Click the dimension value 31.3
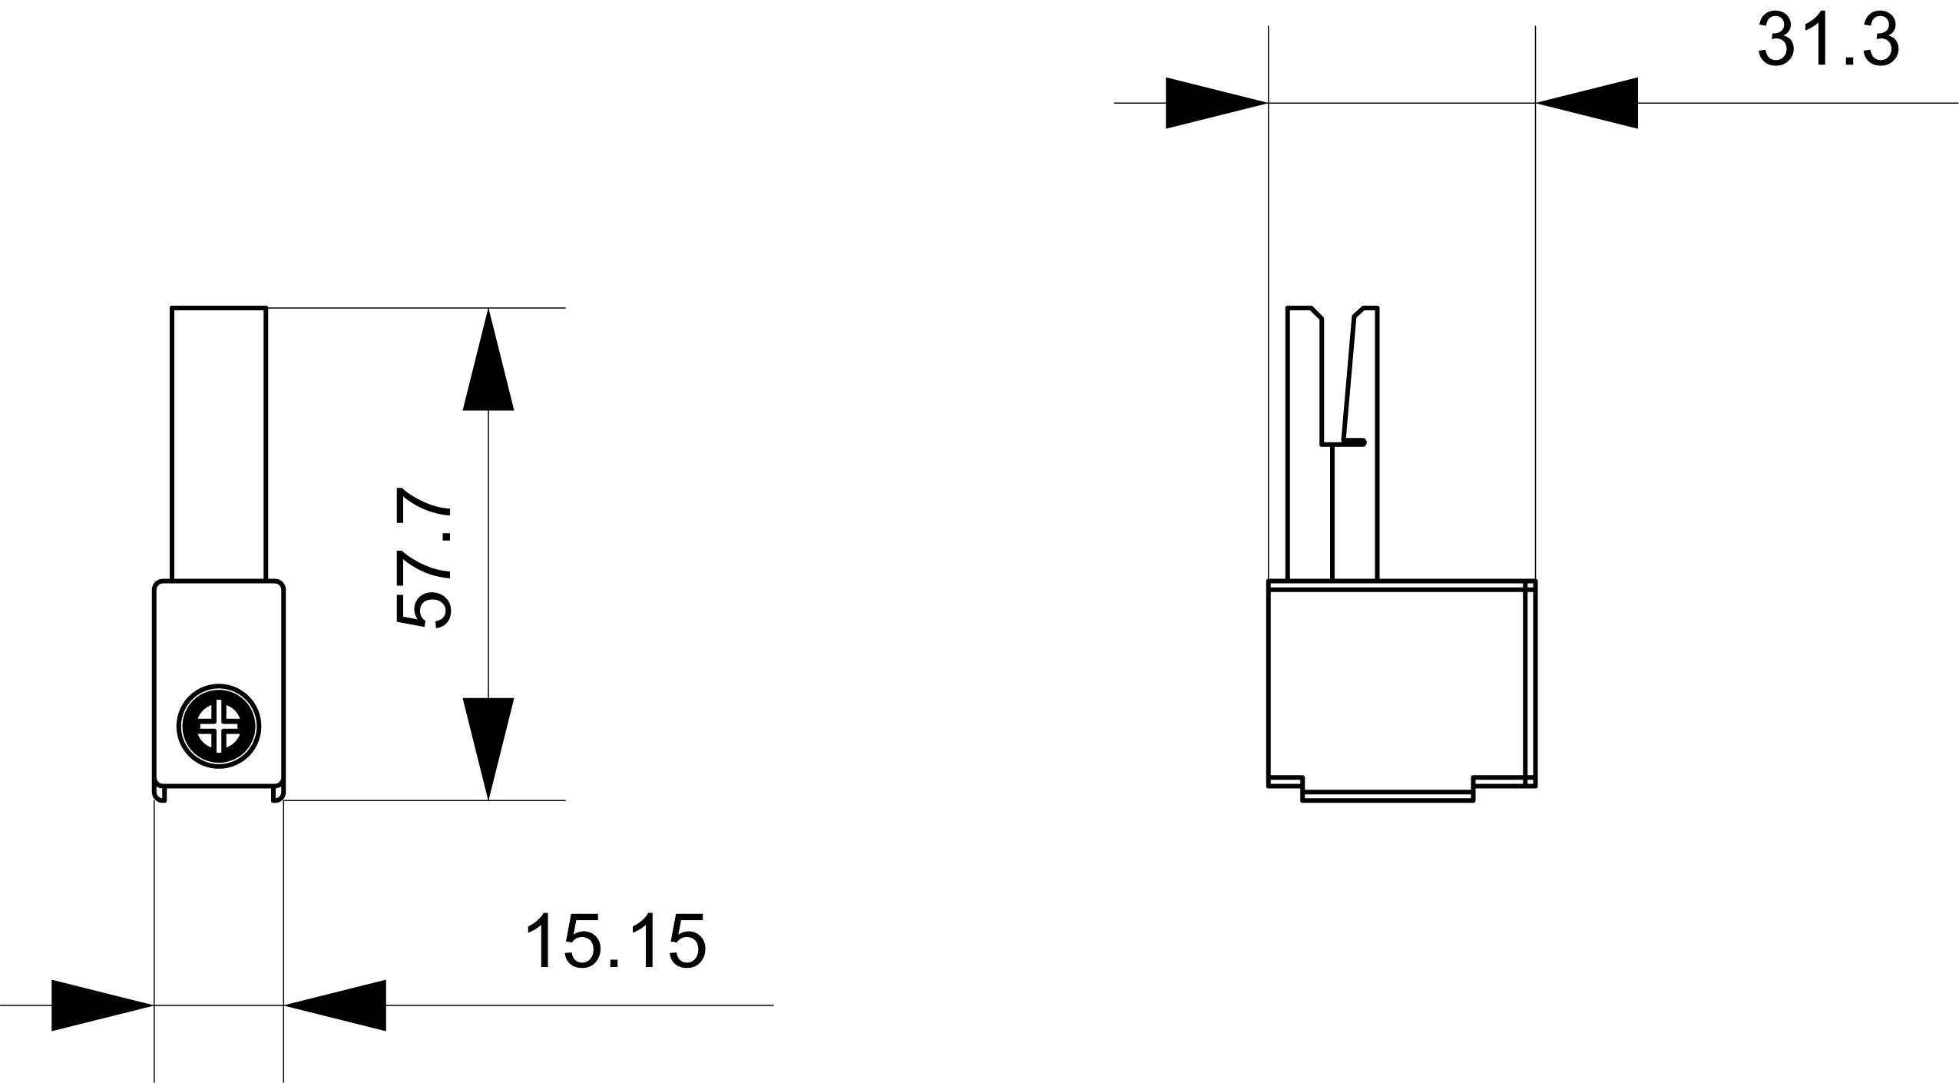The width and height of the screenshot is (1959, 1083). (x=1828, y=40)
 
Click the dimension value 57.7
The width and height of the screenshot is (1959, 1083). (x=422, y=558)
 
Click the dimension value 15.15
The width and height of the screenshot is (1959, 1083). (x=614, y=942)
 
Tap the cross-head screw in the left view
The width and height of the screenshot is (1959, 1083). (x=219, y=726)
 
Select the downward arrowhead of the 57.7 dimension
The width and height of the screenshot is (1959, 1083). (x=488, y=747)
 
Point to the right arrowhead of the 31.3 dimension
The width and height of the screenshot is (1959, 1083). (x=1587, y=103)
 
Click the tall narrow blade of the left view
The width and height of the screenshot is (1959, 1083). (x=219, y=442)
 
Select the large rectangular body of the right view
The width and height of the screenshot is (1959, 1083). (x=1394, y=684)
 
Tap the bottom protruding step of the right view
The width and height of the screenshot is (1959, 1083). (x=1388, y=795)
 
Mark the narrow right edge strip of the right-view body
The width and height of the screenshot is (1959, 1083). (x=1530, y=684)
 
